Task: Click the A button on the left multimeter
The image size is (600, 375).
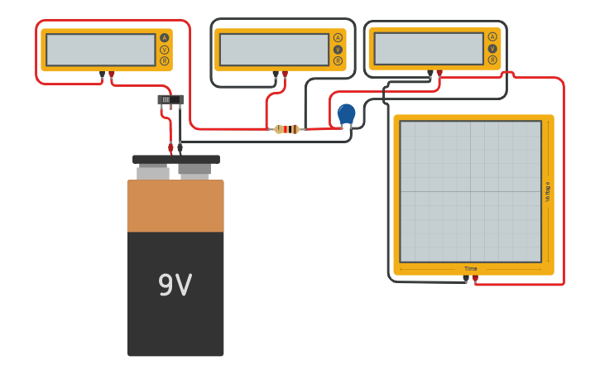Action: pos(164,37)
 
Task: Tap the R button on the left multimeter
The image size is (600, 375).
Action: pos(164,60)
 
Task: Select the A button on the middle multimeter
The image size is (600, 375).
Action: pos(338,37)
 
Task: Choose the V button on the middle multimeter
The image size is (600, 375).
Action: pos(338,49)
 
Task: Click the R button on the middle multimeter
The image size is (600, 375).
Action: pos(338,60)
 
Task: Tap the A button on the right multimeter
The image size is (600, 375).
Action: pos(492,36)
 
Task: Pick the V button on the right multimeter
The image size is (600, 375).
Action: pos(492,48)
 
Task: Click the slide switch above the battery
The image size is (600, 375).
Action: pos(170,100)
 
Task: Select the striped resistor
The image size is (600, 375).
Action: pos(287,129)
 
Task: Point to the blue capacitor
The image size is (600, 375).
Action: pos(346,113)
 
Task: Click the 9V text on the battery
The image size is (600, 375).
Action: pos(175,286)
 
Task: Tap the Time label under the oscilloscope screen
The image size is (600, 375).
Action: pos(470,268)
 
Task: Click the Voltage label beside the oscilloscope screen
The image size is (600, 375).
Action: pos(547,191)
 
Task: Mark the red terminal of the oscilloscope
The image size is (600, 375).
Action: pos(475,279)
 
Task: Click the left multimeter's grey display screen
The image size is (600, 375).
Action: pos(100,50)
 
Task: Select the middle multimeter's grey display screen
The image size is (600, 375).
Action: pos(274,50)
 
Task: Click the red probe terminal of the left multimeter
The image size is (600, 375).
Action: pos(112,75)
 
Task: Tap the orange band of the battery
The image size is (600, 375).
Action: pos(175,206)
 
